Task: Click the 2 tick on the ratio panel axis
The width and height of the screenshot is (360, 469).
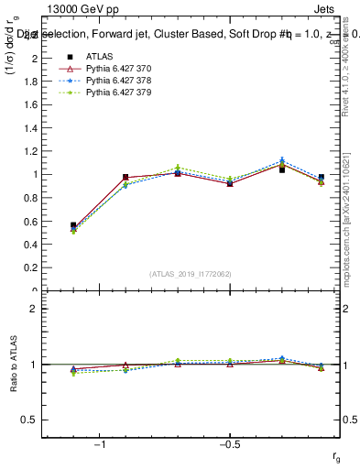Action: click(34, 309)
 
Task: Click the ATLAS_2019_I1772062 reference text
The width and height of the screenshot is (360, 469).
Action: click(191, 274)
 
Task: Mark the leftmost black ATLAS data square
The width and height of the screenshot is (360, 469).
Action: click(73, 224)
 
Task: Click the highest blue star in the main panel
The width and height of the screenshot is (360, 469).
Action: click(282, 160)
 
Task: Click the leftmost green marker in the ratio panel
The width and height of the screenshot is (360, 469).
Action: click(73, 373)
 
